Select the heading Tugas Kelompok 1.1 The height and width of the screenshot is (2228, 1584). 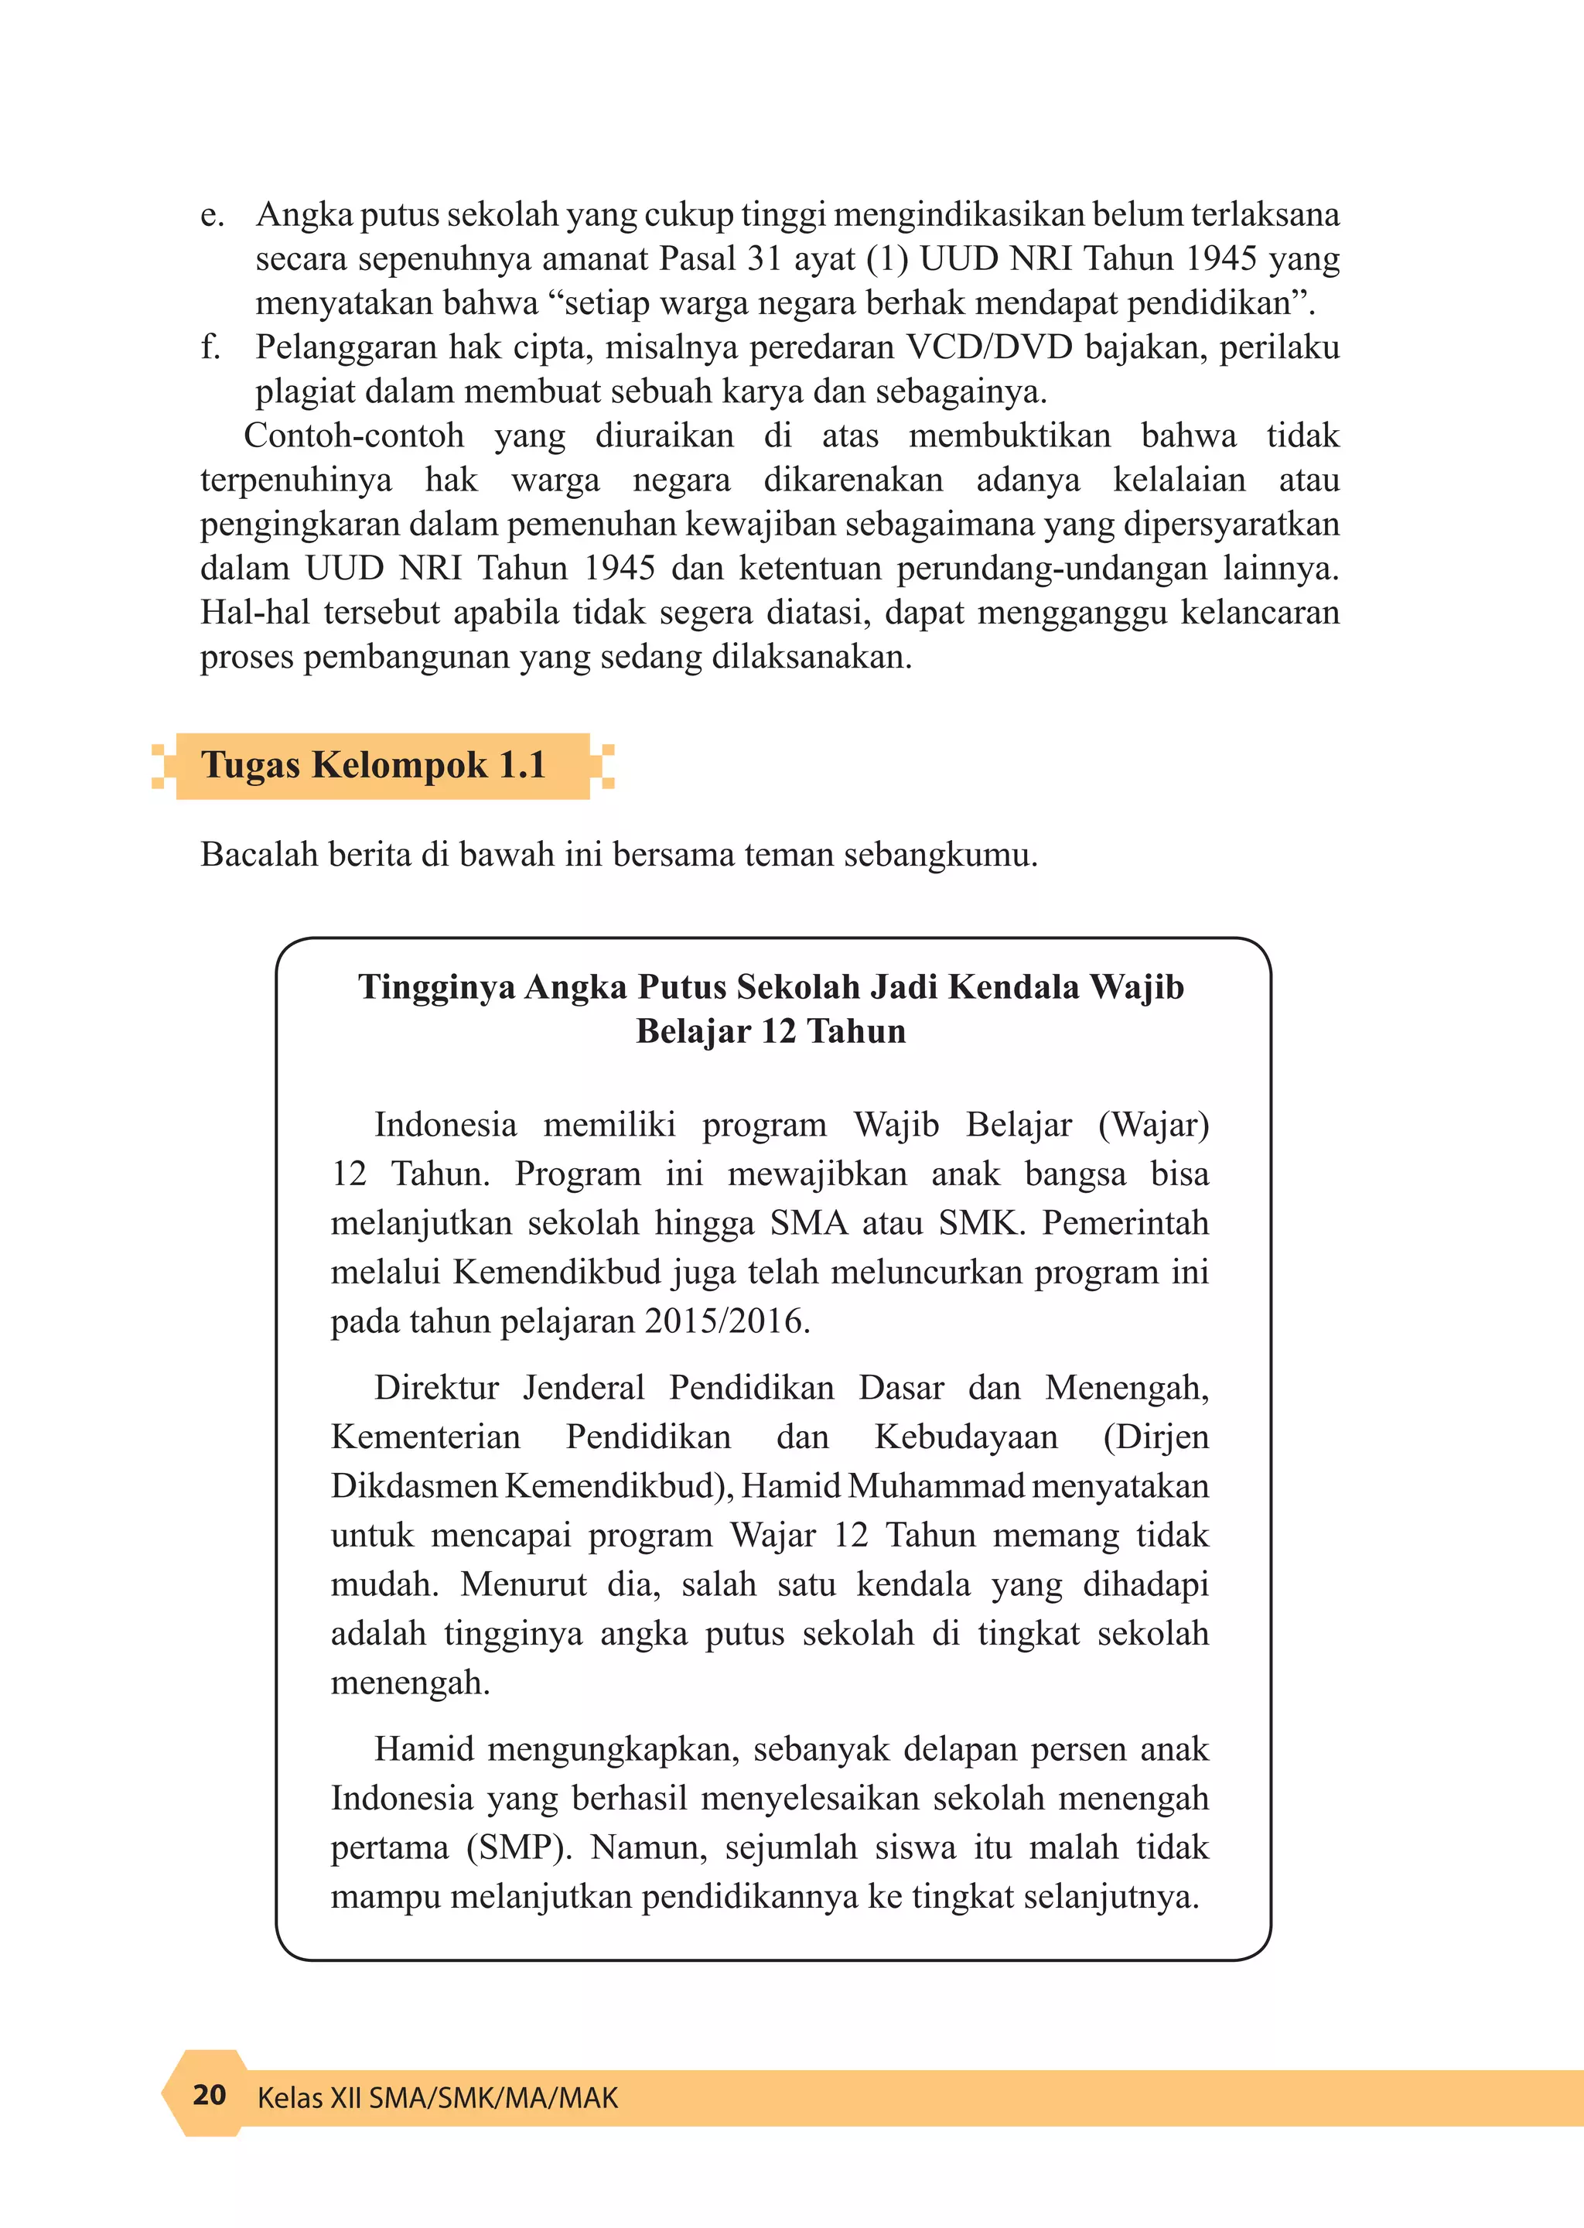tap(373, 766)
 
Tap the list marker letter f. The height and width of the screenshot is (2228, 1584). tap(209, 347)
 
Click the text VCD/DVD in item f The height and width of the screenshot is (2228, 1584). tap(989, 347)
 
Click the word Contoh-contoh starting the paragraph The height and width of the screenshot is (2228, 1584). tap(353, 436)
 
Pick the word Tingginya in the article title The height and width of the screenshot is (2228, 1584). tap(436, 987)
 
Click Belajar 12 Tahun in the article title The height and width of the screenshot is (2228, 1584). tap(770, 1032)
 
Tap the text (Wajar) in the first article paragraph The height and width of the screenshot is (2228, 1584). tap(1153, 1125)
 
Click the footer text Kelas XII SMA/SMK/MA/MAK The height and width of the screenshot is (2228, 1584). tap(437, 2097)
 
